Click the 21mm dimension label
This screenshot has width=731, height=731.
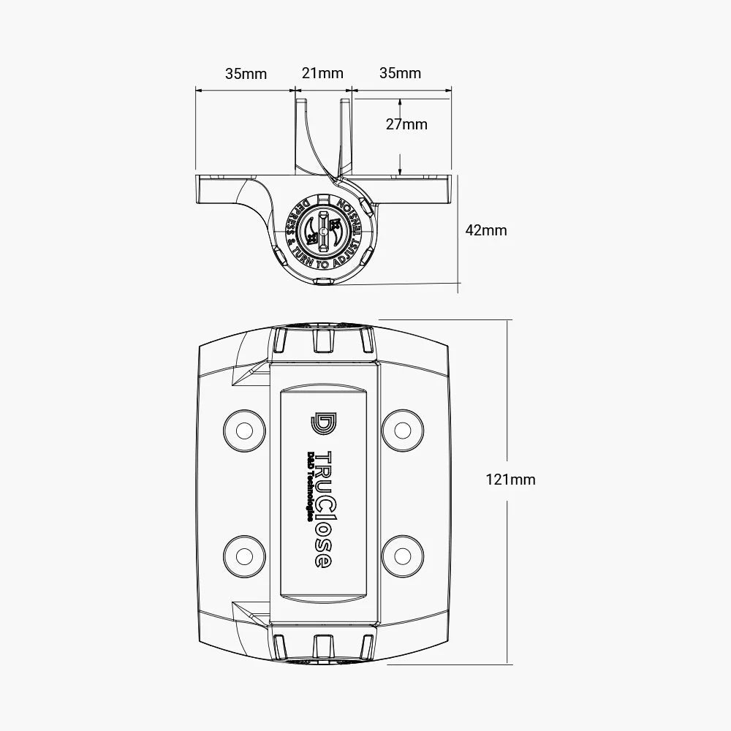pyautogui.click(x=322, y=73)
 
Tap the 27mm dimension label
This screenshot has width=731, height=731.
pyautogui.click(x=406, y=124)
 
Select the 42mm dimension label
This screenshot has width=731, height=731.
pyautogui.click(x=486, y=230)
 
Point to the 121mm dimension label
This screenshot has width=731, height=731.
pyautogui.click(x=511, y=480)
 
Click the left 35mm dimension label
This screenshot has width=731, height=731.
pyautogui.click(x=246, y=73)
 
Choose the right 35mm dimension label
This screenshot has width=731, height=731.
pyautogui.click(x=400, y=73)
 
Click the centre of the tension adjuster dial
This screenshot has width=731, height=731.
pyautogui.click(x=322, y=228)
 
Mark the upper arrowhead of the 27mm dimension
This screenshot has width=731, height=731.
pyautogui.click(x=400, y=102)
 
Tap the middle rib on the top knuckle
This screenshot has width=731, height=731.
pyautogui.click(x=322, y=340)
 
